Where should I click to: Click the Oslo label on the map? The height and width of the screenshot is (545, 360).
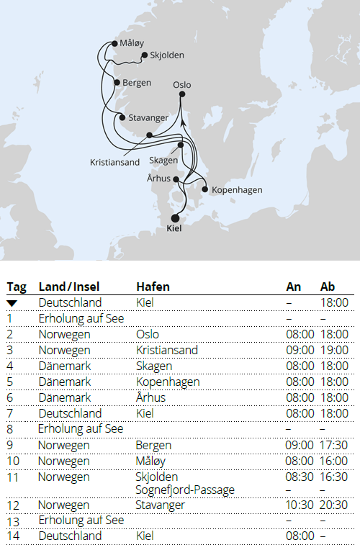click(x=182, y=85)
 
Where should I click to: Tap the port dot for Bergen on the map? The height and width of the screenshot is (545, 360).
click(x=117, y=82)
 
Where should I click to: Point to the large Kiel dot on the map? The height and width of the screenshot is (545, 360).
click(x=174, y=217)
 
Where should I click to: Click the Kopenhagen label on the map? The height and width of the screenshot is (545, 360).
click(x=238, y=190)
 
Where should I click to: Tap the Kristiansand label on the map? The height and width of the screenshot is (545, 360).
click(x=115, y=162)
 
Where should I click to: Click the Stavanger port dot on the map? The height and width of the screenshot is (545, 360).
click(x=122, y=117)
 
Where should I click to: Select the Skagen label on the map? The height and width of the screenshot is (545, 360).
click(x=162, y=160)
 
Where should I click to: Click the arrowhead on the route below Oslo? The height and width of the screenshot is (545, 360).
click(x=182, y=123)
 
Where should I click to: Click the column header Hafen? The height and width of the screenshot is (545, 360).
click(x=150, y=287)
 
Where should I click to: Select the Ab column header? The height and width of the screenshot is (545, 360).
click(x=328, y=287)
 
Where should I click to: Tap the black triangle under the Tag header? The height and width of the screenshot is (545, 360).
click(x=12, y=303)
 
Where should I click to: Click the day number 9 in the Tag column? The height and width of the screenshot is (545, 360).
click(x=10, y=446)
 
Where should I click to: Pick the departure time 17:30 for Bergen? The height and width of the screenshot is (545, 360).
click(x=333, y=446)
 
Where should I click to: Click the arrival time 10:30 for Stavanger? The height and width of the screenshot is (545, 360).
click(x=300, y=505)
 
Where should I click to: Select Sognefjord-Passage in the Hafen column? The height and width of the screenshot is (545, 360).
click(x=185, y=490)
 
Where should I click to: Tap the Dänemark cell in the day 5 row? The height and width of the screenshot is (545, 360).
click(x=65, y=382)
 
